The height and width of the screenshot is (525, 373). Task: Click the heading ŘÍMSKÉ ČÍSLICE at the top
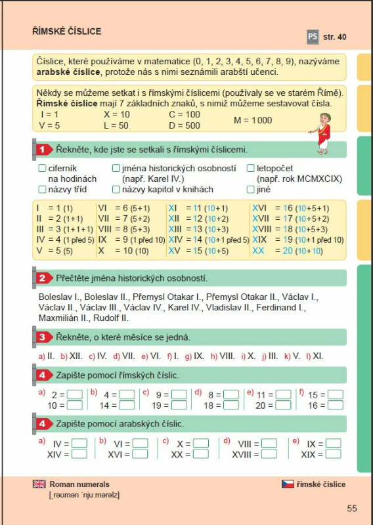click(x=66, y=31)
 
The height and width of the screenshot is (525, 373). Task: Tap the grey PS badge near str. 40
click(x=312, y=37)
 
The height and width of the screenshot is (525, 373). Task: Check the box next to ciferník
click(x=42, y=169)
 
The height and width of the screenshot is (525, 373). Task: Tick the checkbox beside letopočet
click(x=250, y=169)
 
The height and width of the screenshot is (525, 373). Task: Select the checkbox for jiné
click(x=250, y=190)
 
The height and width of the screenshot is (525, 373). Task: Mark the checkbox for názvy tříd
click(x=42, y=190)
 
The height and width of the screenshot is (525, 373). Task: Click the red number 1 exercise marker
click(x=41, y=150)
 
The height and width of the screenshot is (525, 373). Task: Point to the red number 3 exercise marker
click(x=41, y=337)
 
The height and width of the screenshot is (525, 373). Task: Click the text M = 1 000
click(x=253, y=120)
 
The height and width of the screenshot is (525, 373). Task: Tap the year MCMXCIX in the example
click(x=318, y=179)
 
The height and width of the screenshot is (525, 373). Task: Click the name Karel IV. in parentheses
click(x=161, y=179)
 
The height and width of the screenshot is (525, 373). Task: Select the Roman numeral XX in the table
click(x=258, y=250)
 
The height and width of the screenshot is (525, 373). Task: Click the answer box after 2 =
click(x=75, y=395)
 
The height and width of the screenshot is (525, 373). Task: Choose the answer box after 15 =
click(x=335, y=395)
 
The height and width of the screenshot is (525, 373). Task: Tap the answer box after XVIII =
click(x=269, y=454)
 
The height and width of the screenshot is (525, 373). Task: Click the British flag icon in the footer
click(x=39, y=484)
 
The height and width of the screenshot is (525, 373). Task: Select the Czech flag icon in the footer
click(x=288, y=484)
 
